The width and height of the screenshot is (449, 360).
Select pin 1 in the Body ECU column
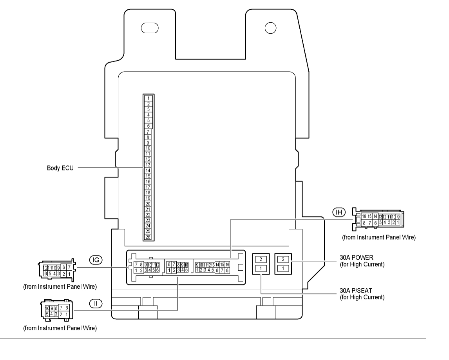148,98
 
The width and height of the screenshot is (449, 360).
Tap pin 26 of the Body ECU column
148,237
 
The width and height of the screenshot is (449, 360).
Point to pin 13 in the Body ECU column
148,165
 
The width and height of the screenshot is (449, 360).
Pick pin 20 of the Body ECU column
148,204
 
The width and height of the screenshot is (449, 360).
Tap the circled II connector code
95,303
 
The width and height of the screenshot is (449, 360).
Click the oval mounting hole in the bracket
150,28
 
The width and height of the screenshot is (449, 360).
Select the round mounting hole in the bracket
270,28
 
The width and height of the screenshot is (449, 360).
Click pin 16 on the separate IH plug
364,216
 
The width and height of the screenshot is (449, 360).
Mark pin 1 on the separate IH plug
398,223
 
